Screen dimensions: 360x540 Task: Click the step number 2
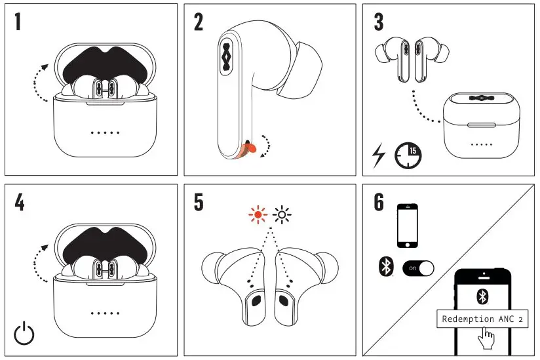[199, 22]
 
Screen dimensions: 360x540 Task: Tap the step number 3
[378, 22]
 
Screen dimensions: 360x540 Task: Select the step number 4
[19, 203]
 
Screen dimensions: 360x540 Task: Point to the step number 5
[199, 203]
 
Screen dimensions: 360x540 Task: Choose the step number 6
[379, 203]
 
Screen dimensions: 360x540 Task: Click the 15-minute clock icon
[408, 155]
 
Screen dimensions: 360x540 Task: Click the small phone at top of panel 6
[408, 225]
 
